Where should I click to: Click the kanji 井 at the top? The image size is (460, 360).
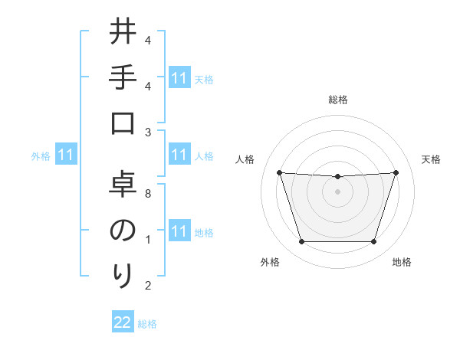(123, 32)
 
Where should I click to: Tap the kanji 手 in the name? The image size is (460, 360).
(123, 78)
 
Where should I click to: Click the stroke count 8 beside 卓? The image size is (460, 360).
(148, 194)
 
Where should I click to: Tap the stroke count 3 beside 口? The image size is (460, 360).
(148, 132)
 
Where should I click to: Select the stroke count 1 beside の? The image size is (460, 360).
(148, 240)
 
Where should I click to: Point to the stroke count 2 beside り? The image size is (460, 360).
(148, 286)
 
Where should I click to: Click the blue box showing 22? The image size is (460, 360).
(123, 323)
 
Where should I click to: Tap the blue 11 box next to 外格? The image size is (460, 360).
(67, 155)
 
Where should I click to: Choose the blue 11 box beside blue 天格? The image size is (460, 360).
(179, 78)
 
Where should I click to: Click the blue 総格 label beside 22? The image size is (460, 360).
(147, 324)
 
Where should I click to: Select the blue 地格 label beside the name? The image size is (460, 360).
(204, 233)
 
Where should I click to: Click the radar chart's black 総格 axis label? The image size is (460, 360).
(337, 100)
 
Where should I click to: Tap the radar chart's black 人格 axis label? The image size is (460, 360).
(245, 159)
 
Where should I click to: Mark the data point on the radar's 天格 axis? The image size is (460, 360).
(396, 172)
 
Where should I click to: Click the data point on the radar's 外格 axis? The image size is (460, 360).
(301, 242)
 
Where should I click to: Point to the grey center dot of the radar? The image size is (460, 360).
(337, 191)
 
